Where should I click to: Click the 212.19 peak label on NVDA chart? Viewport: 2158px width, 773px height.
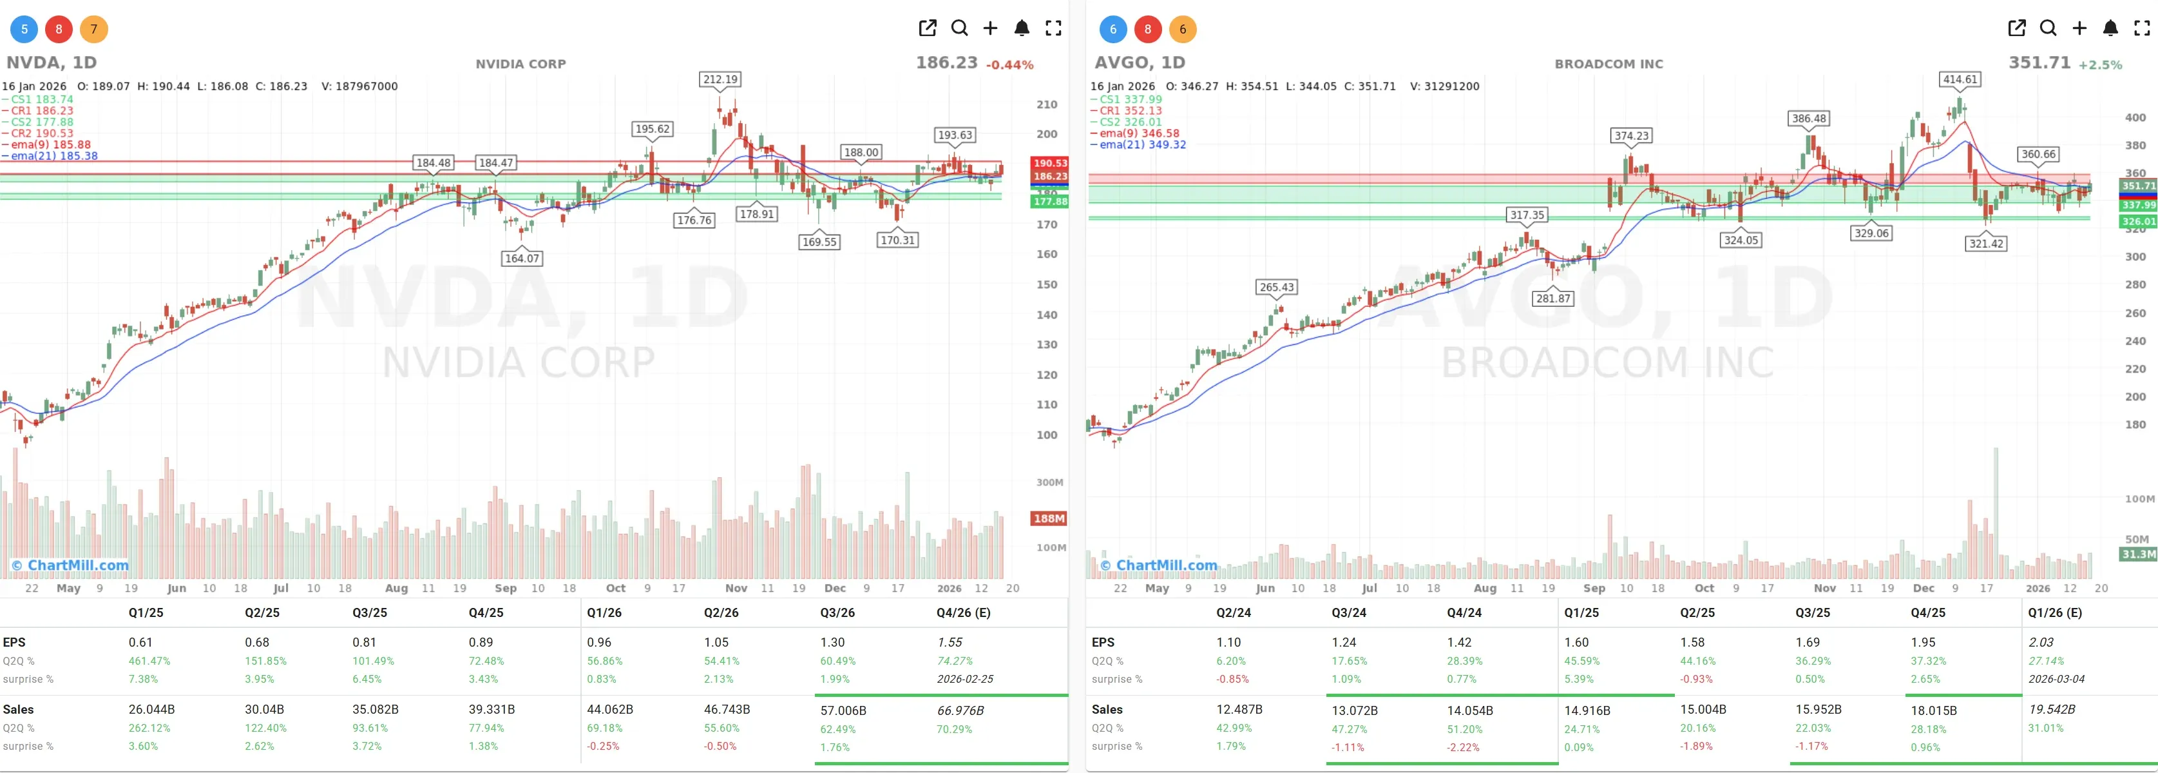click(720, 80)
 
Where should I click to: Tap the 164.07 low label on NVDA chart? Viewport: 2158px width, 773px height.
click(522, 259)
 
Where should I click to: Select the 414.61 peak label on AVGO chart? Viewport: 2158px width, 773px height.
click(1960, 80)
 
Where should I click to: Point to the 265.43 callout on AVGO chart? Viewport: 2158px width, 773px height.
click(1276, 287)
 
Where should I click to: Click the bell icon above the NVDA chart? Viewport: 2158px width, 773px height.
click(1021, 28)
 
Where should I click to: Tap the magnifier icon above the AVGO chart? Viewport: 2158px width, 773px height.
click(2047, 28)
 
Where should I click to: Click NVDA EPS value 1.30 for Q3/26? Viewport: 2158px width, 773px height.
click(832, 642)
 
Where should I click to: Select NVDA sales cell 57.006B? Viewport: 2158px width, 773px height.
click(843, 710)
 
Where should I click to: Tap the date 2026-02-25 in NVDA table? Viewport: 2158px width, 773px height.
click(964, 679)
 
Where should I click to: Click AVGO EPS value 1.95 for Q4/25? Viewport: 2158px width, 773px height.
click(1923, 642)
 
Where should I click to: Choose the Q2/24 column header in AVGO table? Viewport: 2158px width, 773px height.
click(1233, 613)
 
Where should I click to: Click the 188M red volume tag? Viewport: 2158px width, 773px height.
click(1048, 518)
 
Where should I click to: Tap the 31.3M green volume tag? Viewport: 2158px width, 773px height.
click(2138, 554)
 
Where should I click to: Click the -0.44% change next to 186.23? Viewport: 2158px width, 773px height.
click(1009, 64)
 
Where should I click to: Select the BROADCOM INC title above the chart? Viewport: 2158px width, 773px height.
click(1609, 64)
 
